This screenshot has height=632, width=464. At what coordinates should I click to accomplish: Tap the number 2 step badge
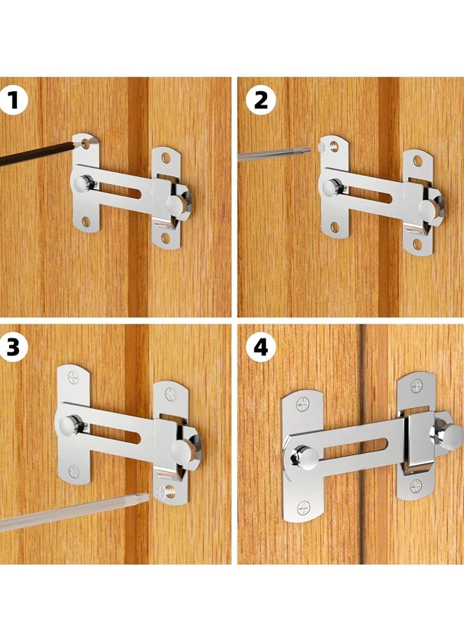coord(260,100)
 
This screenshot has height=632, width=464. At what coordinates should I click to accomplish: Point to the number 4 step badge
coord(260,347)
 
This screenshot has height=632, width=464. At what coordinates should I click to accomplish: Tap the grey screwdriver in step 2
coord(271,154)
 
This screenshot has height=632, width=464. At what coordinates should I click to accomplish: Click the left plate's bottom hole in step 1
coord(86,222)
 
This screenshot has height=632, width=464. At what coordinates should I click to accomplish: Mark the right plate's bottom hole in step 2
coord(417,244)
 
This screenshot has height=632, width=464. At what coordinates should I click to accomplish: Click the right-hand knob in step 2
coord(429,207)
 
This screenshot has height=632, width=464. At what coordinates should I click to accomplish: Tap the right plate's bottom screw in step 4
coord(416,485)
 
